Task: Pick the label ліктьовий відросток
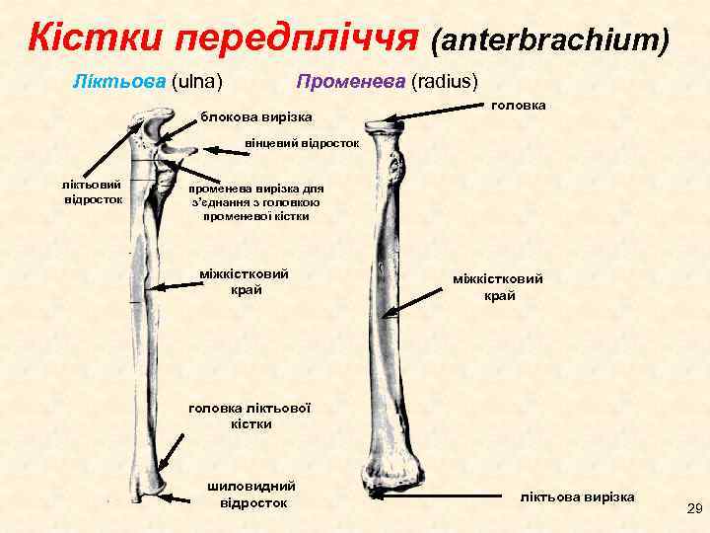pyautogui.click(x=92, y=191)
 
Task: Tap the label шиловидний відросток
pyautogui.click(x=251, y=495)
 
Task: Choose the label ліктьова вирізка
pyautogui.click(x=577, y=495)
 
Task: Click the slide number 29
pyautogui.click(x=693, y=509)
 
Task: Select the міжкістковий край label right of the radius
pyautogui.click(x=497, y=287)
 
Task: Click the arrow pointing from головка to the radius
pyautogui.click(x=444, y=113)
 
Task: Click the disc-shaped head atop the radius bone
pyautogui.click(x=390, y=125)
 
